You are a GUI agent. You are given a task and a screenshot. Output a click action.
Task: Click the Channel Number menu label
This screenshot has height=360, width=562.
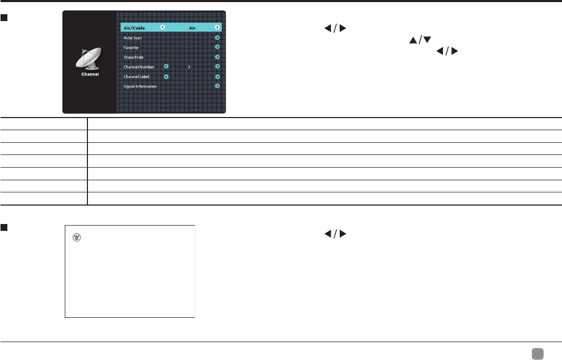(139, 67)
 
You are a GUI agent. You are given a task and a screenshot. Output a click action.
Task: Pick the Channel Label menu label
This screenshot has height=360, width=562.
(136, 77)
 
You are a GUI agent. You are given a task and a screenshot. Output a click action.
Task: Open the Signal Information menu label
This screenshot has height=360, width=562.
(140, 86)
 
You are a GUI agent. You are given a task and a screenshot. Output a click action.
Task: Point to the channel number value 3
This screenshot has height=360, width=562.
(189, 67)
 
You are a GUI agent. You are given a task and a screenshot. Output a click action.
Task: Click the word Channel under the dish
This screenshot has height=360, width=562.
(90, 74)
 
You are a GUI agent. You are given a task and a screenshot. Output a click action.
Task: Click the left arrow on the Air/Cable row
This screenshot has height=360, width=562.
(162, 27)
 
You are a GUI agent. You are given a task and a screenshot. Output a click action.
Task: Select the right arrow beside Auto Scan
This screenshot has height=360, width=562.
(217, 38)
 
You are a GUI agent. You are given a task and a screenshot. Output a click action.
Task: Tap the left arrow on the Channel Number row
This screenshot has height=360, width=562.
(166, 67)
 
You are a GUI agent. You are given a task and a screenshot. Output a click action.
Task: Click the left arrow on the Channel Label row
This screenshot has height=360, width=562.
(166, 77)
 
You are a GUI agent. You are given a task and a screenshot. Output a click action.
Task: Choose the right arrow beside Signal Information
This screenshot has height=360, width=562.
(217, 86)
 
